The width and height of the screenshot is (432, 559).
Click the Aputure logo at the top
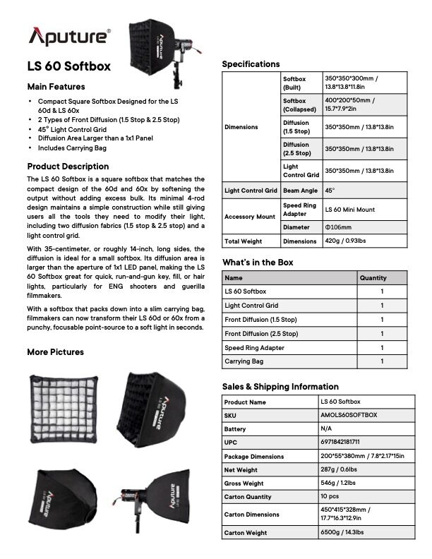tap(69, 36)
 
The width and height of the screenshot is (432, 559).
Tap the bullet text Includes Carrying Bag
tap(72, 148)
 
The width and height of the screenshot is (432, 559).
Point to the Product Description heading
tap(68, 167)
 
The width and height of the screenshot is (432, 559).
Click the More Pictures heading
tap(55, 351)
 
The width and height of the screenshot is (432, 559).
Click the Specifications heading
tap(251, 64)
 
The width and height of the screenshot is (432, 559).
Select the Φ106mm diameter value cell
tap(339, 227)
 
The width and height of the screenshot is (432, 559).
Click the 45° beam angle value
tap(330, 191)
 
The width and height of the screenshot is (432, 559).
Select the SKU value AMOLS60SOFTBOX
tap(349, 416)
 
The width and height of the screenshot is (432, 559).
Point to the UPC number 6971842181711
tap(341, 443)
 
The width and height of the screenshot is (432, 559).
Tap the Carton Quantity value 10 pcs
tap(332, 496)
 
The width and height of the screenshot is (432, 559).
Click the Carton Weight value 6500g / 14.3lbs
tap(345, 532)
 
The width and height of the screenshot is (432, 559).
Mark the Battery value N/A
tap(327, 429)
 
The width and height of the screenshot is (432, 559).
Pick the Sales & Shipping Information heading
tap(280, 387)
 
